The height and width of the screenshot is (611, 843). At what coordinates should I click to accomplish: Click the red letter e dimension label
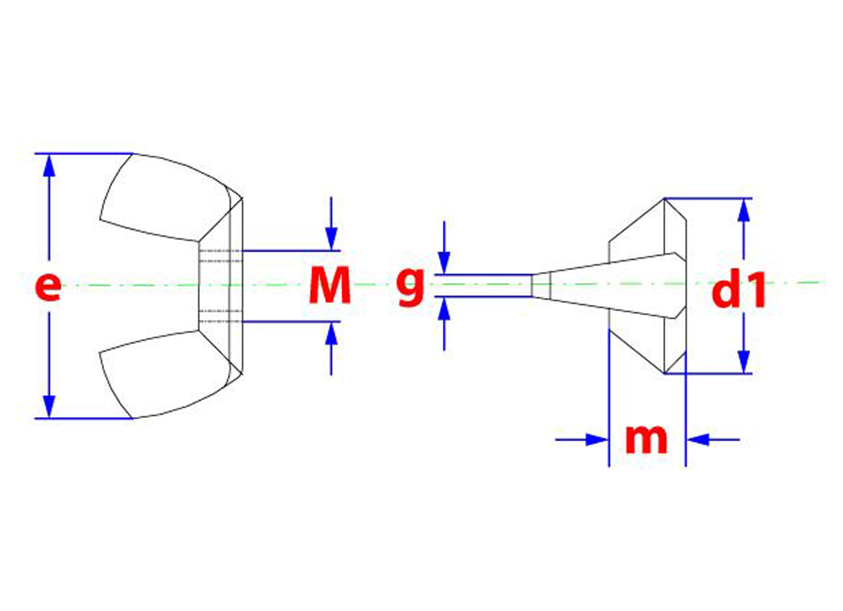coord(48,287)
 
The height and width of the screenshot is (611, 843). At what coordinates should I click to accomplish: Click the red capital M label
coord(330,285)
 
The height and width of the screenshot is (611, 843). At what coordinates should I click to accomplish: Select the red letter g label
coord(410,287)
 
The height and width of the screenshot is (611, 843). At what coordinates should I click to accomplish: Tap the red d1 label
coord(739,290)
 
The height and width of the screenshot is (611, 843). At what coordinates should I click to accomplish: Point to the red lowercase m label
coord(646,439)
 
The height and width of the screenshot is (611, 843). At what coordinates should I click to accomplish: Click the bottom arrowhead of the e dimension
coord(49,407)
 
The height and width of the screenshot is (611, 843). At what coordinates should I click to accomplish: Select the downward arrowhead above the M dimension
coord(331,239)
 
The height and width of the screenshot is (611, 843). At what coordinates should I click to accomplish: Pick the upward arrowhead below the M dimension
coord(331,334)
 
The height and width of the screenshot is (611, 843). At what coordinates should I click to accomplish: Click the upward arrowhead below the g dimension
coord(444,309)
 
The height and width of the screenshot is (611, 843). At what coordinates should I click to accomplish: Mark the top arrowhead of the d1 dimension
coord(743,210)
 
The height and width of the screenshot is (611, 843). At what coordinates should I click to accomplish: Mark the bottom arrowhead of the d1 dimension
coord(743,362)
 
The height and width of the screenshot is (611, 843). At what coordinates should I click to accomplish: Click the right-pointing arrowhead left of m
coord(597,440)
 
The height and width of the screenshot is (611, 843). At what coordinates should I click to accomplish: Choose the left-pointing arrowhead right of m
coord(698,440)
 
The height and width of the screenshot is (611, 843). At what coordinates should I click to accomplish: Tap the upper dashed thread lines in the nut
coord(220,256)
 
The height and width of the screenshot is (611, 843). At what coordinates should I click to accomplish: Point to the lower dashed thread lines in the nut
coord(220,316)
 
